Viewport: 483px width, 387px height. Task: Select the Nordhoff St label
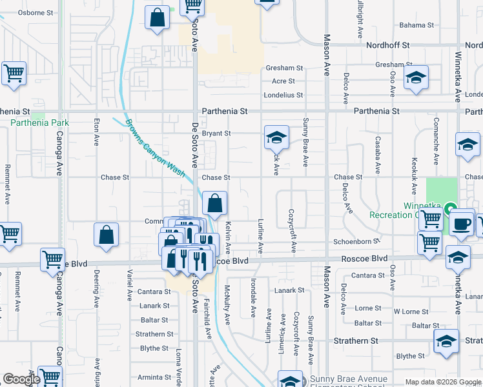click(388, 45)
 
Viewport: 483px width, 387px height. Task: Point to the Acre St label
click(283, 81)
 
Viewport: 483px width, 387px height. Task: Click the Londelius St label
click(283, 95)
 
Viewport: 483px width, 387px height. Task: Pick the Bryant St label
click(216, 134)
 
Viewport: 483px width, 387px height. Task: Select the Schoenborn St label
click(355, 241)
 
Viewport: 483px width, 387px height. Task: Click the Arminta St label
click(153, 377)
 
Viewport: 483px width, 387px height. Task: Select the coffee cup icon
click(461, 223)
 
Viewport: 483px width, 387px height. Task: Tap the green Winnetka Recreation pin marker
click(451, 208)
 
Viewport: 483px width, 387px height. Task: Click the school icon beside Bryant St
click(276, 137)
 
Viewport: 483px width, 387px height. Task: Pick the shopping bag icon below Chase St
click(214, 203)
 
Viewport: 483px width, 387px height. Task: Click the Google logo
click(21, 380)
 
